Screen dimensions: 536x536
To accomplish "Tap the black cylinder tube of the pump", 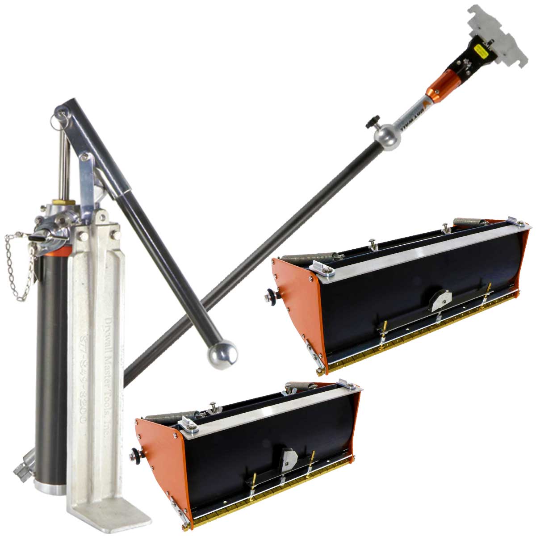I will click(x=49, y=357).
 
